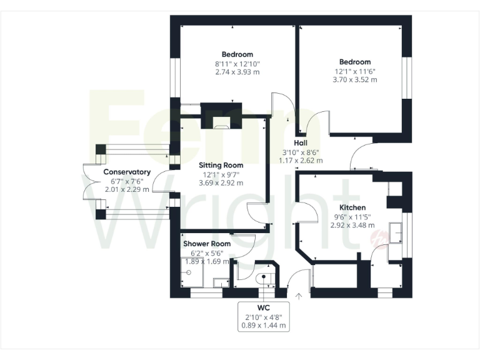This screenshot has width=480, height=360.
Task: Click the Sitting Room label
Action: [221, 165]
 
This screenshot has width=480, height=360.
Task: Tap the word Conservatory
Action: [127, 172]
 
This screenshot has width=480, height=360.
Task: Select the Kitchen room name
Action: [352, 207]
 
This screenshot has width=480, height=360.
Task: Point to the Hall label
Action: [301, 142]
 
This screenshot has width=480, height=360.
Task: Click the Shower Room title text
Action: [207, 244]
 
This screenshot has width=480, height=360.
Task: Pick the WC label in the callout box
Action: [264, 307]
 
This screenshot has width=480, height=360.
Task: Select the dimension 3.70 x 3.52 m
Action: [354, 80]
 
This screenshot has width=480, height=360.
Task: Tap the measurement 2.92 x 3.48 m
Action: [353, 225]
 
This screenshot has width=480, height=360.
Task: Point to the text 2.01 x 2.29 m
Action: [127, 189]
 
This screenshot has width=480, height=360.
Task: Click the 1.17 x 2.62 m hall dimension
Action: [301, 160]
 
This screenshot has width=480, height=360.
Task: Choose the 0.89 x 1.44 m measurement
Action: [264, 325]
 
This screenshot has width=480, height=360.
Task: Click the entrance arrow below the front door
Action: [299, 296]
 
